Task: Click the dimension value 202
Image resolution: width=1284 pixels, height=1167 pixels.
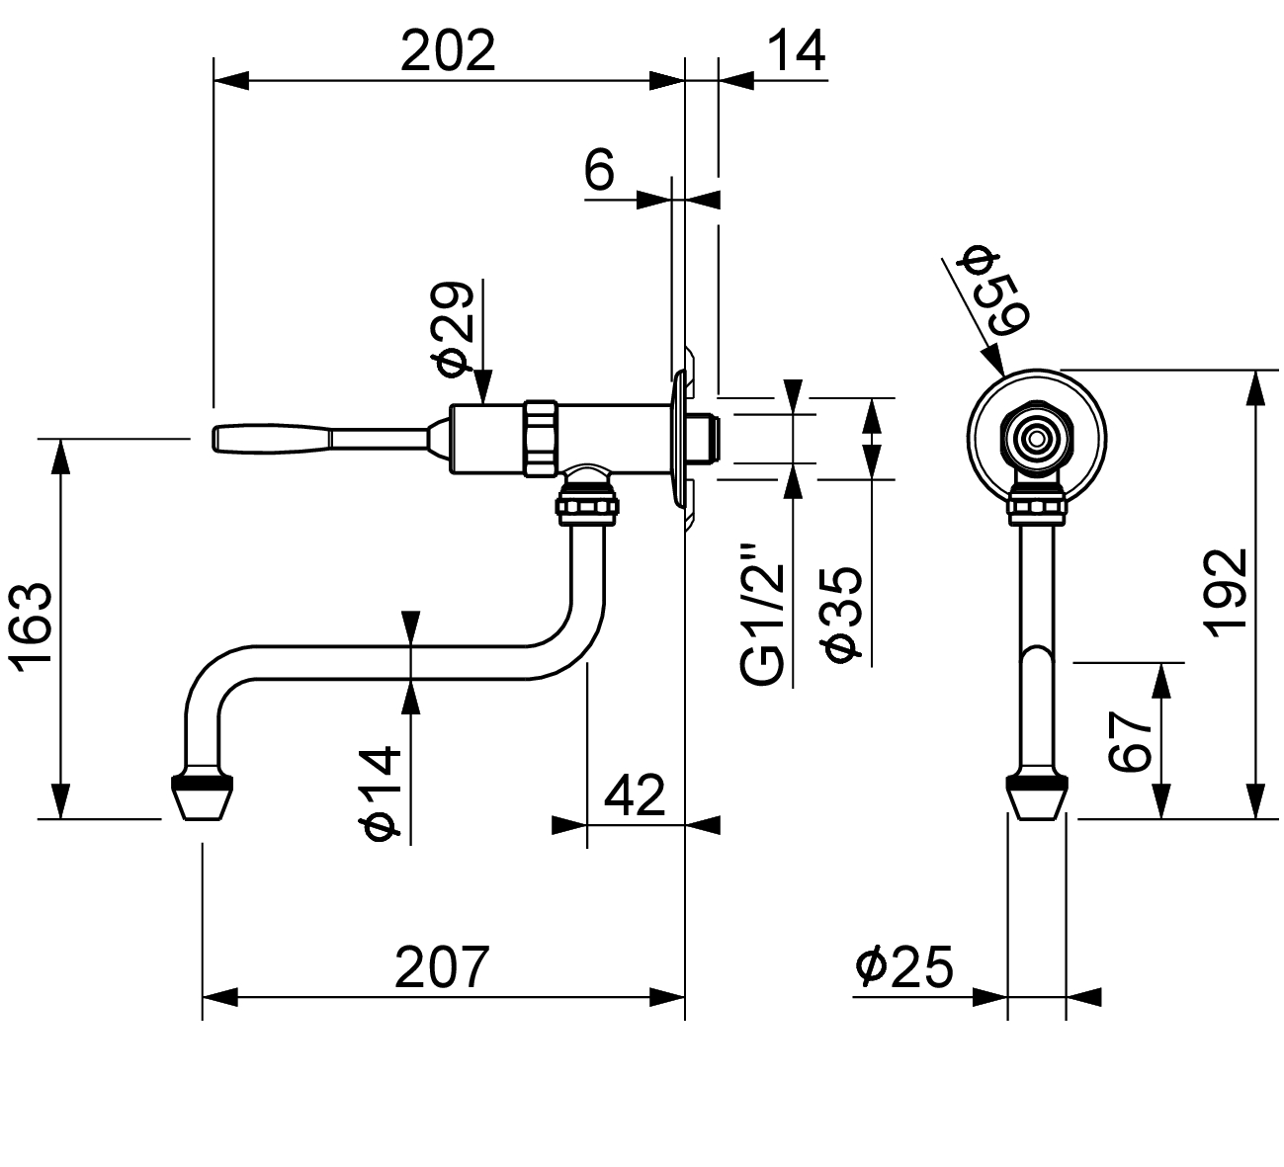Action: coord(448,50)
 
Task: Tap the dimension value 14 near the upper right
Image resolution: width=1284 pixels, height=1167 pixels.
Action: coord(797,50)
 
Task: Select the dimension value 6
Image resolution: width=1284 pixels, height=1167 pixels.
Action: coord(599,170)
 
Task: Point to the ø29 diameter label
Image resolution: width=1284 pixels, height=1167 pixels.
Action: coord(453,329)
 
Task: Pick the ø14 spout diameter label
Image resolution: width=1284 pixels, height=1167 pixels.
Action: coord(381,792)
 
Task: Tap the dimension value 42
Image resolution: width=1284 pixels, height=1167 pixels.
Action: coord(635,795)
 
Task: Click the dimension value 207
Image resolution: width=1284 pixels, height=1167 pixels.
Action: coord(442,967)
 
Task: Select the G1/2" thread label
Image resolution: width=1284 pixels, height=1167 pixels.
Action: coord(762,616)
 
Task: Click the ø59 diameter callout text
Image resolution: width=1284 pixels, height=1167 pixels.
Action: coord(993,292)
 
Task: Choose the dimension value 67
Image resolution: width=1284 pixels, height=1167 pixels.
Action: coord(1130,741)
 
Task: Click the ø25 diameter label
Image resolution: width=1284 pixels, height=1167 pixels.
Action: coord(903,967)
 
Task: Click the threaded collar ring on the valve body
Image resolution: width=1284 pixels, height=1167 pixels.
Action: coord(542,439)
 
